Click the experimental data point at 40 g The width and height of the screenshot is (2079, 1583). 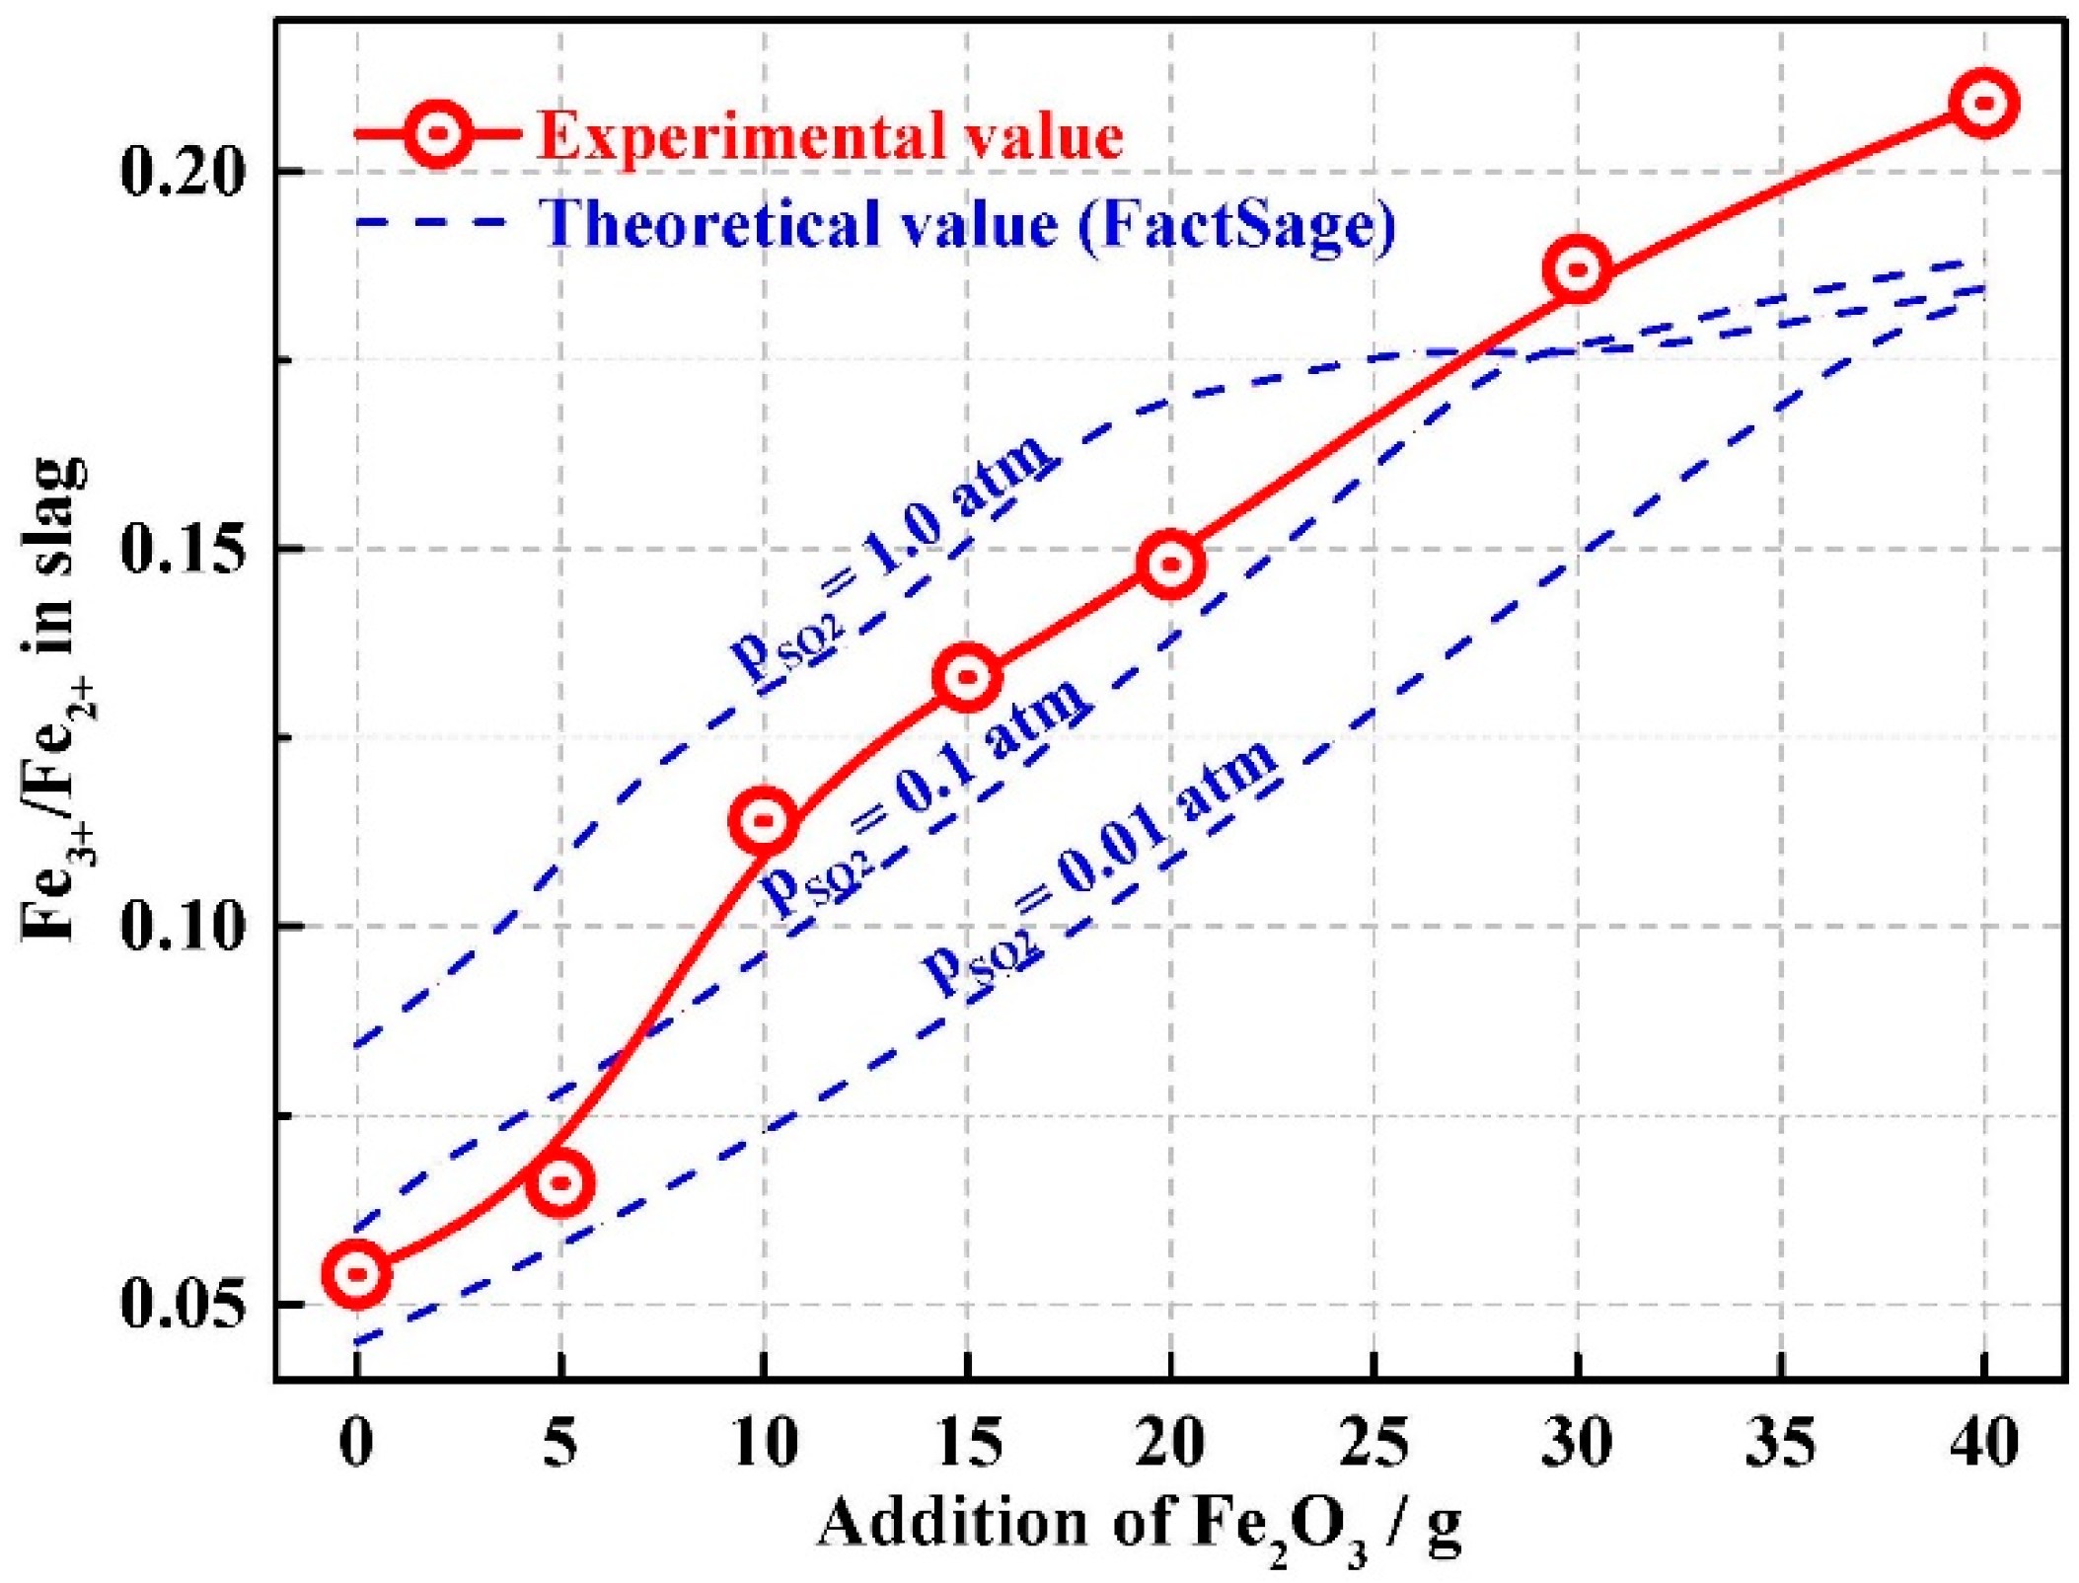pos(1983,103)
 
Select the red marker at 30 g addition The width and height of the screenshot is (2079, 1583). pos(1577,267)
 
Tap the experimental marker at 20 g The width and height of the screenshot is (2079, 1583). pos(1170,564)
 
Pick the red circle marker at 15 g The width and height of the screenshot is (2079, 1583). pos(967,677)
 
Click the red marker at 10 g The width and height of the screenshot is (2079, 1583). pos(763,819)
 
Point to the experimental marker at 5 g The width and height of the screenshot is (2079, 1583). pos(559,1182)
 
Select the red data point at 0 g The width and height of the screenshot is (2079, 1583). pos(356,1273)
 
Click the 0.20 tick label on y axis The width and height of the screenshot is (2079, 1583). pos(182,172)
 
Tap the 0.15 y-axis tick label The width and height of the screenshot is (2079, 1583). pos(182,549)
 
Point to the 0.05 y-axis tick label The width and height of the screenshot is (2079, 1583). pos(182,1305)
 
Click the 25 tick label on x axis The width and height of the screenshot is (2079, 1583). pos(1374,1443)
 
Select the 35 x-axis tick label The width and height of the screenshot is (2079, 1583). pos(1780,1443)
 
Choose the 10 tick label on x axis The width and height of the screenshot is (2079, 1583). pos(764,1443)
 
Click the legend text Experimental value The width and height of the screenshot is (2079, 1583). pos(830,135)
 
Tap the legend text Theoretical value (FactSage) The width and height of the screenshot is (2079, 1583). pos(967,223)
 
